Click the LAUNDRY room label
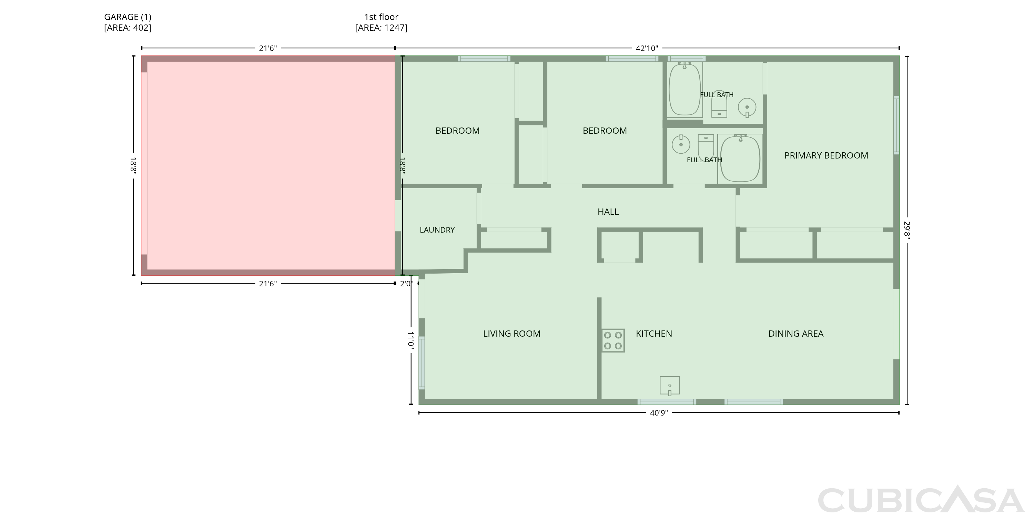437,230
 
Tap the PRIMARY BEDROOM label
826,155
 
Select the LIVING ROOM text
512,334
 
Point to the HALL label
608,212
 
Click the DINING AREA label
796,334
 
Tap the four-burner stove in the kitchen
613,340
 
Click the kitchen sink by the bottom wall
670,386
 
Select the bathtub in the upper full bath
685,90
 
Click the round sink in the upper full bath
747,108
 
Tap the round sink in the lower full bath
681,144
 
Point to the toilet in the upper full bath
719,104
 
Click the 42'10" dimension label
647,49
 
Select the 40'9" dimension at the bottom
659,412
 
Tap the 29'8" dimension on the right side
907,230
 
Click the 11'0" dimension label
410,339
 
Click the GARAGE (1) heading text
128,17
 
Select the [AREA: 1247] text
381,28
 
